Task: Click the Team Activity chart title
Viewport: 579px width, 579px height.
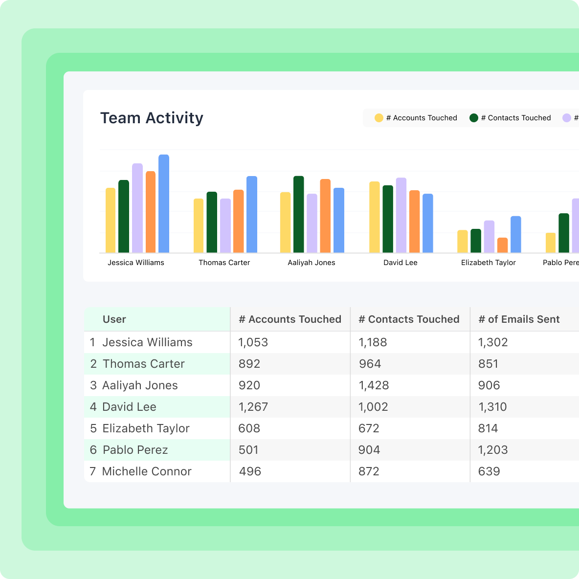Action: click(x=152, y=118)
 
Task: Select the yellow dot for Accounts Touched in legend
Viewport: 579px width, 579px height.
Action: click(x=379, y=118)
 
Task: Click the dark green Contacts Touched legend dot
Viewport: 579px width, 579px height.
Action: click(x=473, y=118)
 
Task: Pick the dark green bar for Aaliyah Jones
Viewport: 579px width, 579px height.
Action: click(x=298, y=215)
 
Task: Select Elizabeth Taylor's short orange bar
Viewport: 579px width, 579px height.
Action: click(x=502, y=245)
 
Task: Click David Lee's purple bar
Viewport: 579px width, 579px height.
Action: click(x=401, y=215)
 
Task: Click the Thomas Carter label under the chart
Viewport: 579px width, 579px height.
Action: click(x=224, y=263)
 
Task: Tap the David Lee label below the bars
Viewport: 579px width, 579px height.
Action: click(x=400, y=263)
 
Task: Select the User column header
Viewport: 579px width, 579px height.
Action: click(x=114, y=319)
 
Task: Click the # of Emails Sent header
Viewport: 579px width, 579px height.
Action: click(x=518, y=319)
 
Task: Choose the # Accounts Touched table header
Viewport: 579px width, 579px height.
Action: click(x=290, y=319)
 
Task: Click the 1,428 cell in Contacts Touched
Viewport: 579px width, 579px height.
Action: click(x=374, y=385)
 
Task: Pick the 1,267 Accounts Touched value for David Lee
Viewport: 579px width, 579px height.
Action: click(x=253, y=407)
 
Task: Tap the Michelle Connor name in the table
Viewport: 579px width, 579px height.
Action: click(x=147, y=471)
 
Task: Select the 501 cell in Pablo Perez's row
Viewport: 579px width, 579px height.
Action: click(x=248, y=450)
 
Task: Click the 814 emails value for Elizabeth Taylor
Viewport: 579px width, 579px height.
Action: click(x=488, y=428)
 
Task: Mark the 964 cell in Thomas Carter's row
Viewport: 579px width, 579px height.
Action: click(x=369, y=364)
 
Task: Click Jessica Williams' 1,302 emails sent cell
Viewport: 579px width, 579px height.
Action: click(x=492, y=342)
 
